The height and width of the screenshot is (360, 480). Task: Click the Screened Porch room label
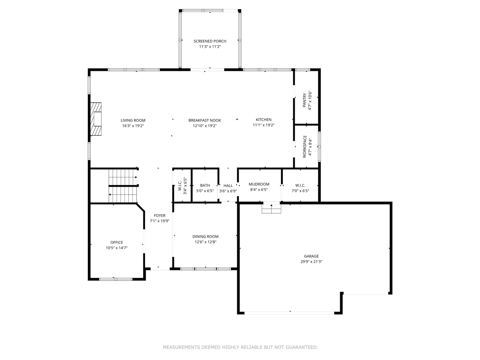click(x=210, y=41)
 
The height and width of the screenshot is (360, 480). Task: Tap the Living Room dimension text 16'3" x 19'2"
click(x=133, y=126)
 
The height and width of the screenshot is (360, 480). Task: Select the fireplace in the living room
click(x=96, y=119)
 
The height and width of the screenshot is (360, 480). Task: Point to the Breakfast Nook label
click(x=204, y=120)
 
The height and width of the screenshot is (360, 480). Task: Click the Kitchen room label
click(x=263, y=120)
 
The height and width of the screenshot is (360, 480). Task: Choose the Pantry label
click(x=304, y=100)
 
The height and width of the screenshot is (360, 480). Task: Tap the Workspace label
click(x=304, y=145)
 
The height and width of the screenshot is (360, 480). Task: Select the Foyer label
click(x=159, y=216)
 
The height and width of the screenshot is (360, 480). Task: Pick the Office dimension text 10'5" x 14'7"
click(x=117, y=248)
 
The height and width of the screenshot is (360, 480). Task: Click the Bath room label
click(x=205, y=185)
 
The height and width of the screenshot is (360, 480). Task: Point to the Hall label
click(x=228, y=186)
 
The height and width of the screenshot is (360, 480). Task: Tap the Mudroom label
click(x=259, y=184)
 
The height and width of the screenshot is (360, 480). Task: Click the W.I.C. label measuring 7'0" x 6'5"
click(x=300, y=185)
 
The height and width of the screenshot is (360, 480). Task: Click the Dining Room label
click(x=205, y=237)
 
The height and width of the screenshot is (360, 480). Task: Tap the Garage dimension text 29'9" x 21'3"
click(x=311, y=262)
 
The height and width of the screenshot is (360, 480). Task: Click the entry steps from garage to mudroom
click(x=271, y=208)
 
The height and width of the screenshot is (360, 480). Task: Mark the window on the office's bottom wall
click(x=116, y=279)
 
